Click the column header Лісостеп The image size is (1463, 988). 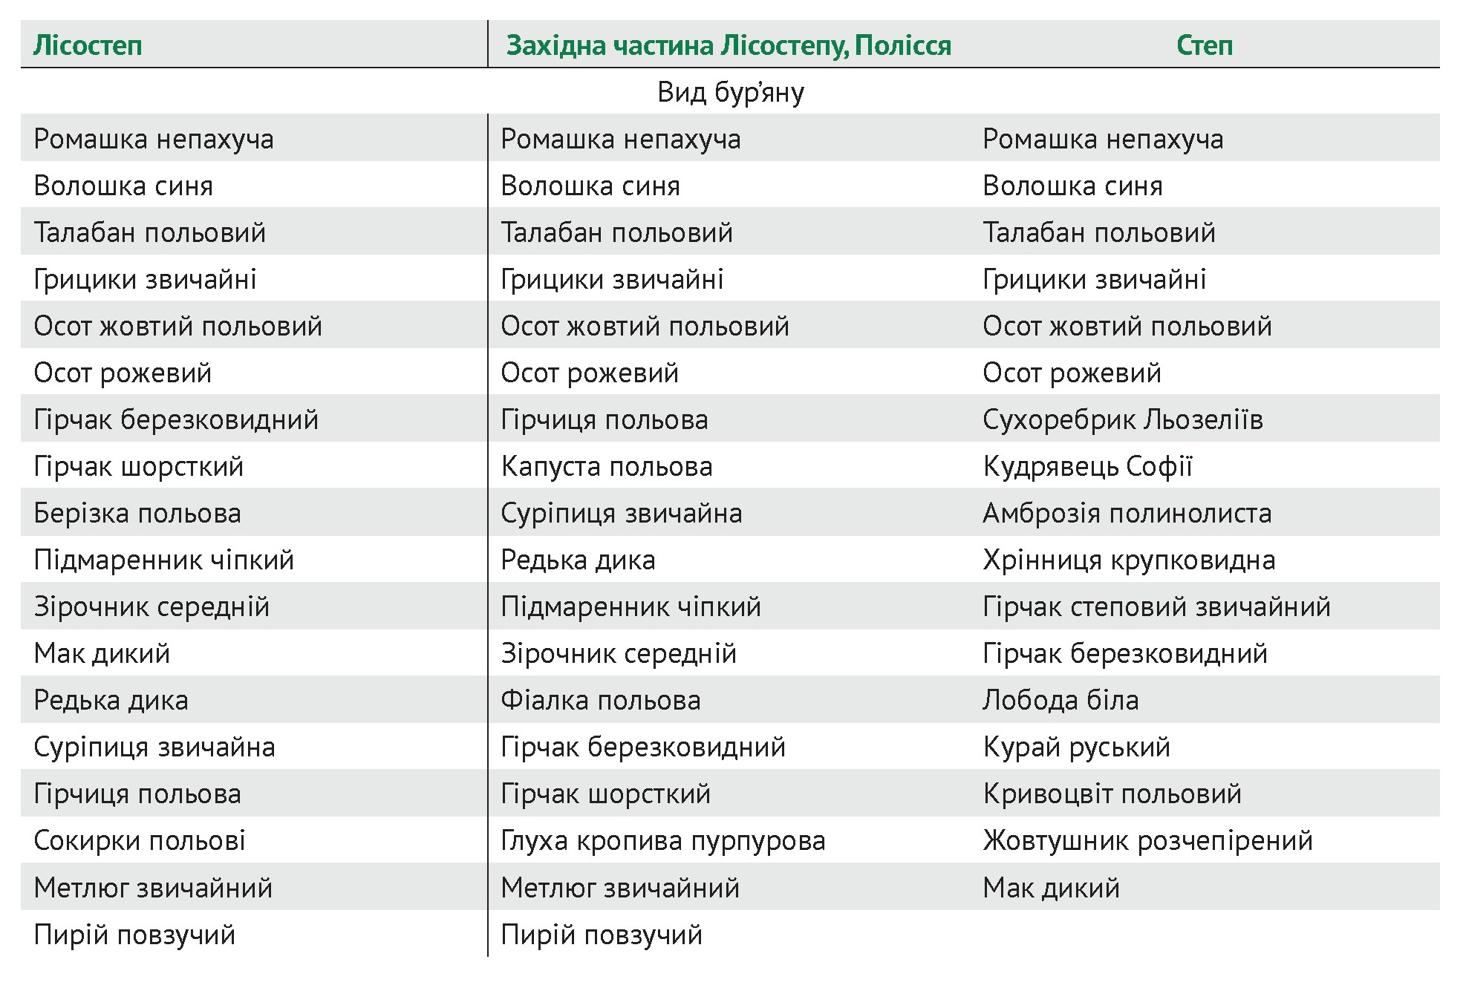[x=88, y=45]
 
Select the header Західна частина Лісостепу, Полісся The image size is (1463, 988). [x=728, y=45]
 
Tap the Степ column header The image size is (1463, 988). [x=1204, y=45]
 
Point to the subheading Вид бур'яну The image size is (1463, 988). [x=730, y=92]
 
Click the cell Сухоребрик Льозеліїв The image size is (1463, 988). [x=1122, y=419]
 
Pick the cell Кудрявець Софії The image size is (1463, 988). [x=1087, y=466]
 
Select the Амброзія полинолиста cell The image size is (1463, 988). [x=1127, y=513]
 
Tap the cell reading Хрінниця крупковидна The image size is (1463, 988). [x=1129, y=560]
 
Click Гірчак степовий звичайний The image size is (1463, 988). [x=1156, y=606]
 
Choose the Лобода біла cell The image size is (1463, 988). [x=1060, y=700]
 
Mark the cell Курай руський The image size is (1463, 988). [x=1076, y=747]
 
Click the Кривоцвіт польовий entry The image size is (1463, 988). [x=1112, y=794]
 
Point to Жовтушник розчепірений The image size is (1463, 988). [x=1147, y=840]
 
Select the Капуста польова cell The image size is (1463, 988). [x=606, y=466]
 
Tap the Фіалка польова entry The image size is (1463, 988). [x=600, y=700]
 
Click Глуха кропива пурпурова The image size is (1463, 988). [x=662, y=840]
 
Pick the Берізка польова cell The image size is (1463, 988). [x=137, y=513]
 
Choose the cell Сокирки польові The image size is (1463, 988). [x=140, y=840]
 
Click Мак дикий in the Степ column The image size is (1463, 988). [x=1051, y=887]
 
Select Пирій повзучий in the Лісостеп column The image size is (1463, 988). [x=134, y=935]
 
